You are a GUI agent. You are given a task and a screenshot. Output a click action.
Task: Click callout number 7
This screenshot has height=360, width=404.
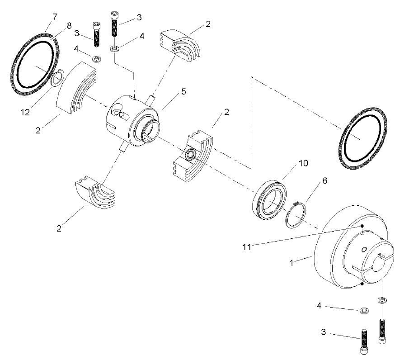(x=55, y=17)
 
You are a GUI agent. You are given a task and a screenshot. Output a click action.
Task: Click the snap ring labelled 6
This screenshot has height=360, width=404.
(x=296, y=216)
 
